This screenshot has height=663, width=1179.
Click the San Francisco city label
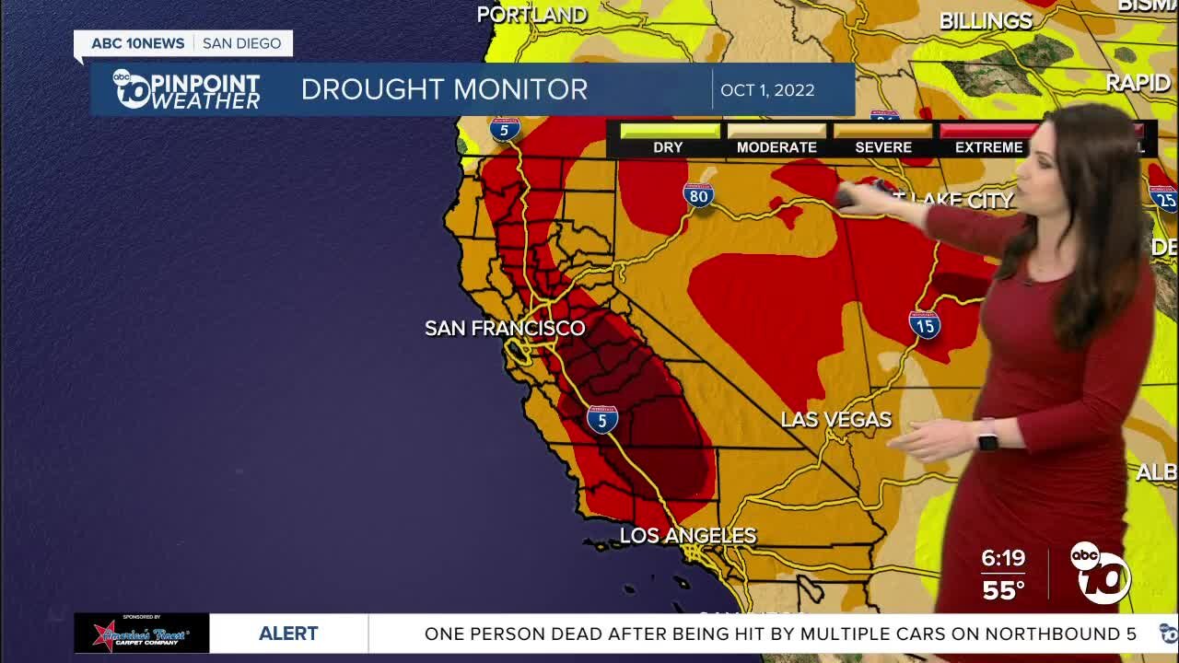[505, 328]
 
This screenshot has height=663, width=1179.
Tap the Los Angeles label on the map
[687, 535]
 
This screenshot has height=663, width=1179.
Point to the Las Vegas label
[835, 419]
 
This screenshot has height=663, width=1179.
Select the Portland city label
[531, 14]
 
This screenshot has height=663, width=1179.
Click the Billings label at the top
[986, 20]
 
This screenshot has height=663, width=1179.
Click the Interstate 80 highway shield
[698, 194]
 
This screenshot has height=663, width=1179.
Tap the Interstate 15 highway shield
[924, 324]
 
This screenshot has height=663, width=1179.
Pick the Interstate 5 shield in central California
[602, 420]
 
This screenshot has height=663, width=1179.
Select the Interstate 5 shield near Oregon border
[505, 129]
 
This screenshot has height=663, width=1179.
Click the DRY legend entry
[669, 147]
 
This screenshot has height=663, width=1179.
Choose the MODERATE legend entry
[776, 147]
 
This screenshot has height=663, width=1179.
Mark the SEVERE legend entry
[882, 147]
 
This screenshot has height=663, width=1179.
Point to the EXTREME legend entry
[988, 147]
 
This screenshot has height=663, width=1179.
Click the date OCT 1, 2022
[767, 90]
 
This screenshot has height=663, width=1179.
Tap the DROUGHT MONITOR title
[444, 89]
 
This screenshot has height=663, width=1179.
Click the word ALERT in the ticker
[288, 634]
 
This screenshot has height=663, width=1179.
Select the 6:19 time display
[1003, 558]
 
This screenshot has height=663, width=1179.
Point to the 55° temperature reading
[1003, 590]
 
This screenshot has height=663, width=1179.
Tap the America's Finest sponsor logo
[142, 634]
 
